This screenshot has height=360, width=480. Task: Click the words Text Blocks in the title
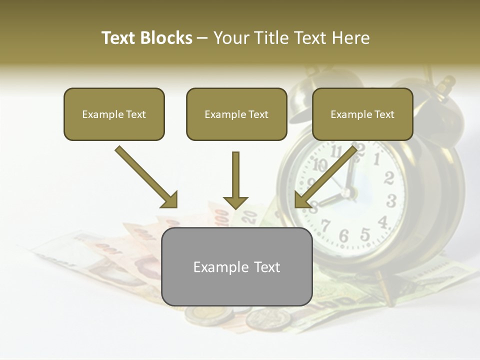point(147,38)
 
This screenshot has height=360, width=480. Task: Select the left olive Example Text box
point(114,114)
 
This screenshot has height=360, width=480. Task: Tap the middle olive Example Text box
point(236,114)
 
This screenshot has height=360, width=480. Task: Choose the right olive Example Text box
point(362,114)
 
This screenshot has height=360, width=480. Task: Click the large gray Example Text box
point(236,267)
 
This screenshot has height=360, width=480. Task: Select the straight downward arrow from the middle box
point(235,180)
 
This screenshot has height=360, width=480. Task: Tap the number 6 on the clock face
point(344,235)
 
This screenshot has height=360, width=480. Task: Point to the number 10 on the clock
point(320,165)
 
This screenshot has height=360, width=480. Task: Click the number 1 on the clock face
point(377,159)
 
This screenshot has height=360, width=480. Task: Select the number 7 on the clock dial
point(326,226)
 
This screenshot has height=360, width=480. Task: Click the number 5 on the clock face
point(365,234)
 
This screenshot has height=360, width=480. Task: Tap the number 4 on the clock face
point(383,221)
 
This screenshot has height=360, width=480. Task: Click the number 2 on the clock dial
point(389,177)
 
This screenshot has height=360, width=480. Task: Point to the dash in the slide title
point(203,38)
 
